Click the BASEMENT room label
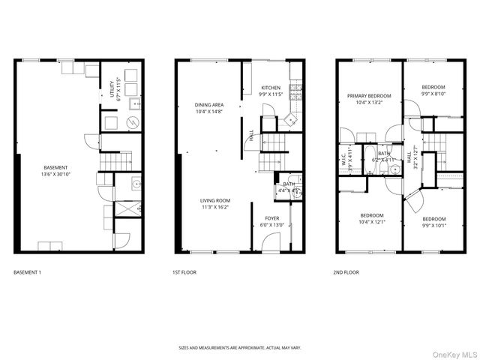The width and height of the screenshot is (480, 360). [x=55, y=167]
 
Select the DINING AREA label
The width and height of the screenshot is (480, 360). [x=208, y=105]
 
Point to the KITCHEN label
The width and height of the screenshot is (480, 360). [x=271, y=88]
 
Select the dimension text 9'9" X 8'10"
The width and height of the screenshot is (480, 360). [x=433, y=94]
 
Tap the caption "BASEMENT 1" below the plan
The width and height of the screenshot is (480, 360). [x=27, y=272]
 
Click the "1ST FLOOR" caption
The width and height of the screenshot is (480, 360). [x=185, y=272]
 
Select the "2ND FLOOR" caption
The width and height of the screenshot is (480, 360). [x=346, y=272]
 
